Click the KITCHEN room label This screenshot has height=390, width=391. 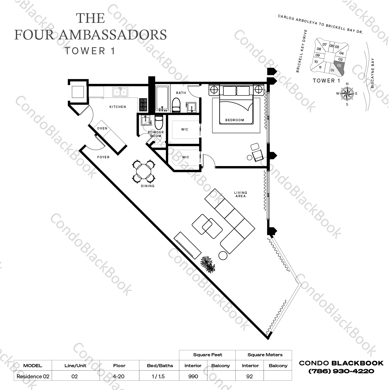[x=118, y=107]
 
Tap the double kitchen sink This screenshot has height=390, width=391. [x=120, y=92]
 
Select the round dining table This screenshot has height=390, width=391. [x=144, y=171]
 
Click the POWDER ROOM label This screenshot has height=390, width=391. [x=156, y=134]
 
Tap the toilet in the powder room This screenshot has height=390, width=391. [x=158, y=122]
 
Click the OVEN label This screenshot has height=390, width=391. [x=102, y=128]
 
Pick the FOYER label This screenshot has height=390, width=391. [x=103, y=157]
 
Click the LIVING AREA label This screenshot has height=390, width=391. [x=241, y=194]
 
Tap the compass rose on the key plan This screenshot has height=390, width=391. [x=347, y=94]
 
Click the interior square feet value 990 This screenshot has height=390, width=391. [x=193, y=376]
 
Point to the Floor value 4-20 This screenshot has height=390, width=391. [x=119, y=376]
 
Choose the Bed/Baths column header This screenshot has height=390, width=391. [x=160, y=366]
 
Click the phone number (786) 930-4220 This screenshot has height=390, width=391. [x=341, y=371]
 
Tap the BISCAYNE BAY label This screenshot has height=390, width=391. [x=373, y=73]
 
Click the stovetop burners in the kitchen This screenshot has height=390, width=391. [x=143, y=105]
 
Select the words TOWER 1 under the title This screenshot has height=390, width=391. [x=90, y=51]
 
